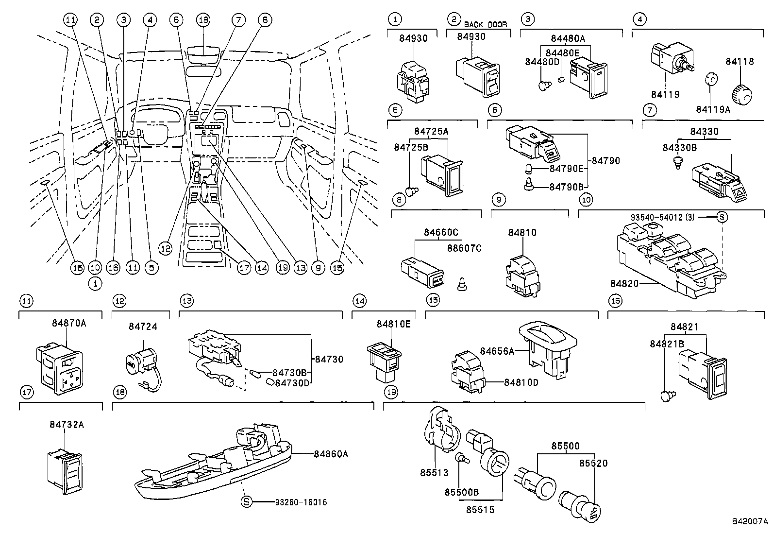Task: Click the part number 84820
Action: click(624, 284)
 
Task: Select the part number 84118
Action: click(739, 62)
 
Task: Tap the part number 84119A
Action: click(713, 109)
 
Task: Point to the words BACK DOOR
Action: click(486, 24)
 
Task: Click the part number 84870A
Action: click(69, 323)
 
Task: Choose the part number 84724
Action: click(143, 327)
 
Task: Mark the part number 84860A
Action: click(331, 454)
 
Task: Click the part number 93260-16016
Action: click(301, 502)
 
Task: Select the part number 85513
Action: click(434, 472)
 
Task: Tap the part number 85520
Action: click(593, 463)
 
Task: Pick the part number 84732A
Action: click(67, 425)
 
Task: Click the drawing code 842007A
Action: click(750, 521)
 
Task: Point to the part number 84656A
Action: click(497, 351)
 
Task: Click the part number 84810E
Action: click(393, 324)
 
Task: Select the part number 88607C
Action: click(464, 248)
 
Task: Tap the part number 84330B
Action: click(679, 148)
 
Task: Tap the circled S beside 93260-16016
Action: click(246, 501)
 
